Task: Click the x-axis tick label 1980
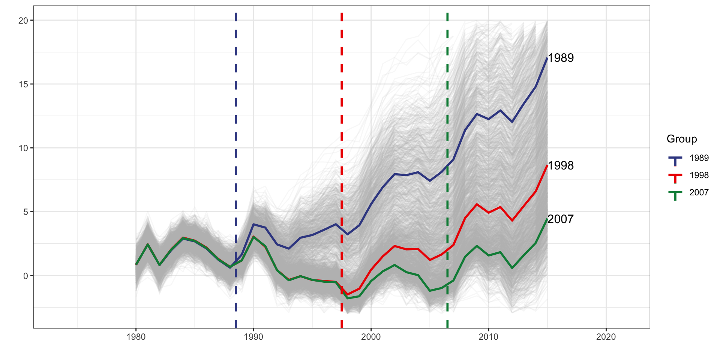click(136, 337)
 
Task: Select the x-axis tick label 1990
click(253, 337)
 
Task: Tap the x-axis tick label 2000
click(371, 337)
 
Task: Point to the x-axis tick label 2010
click(488, 337)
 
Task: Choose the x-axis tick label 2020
click(606, 337)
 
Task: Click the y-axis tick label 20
click(23, 21)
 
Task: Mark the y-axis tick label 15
click(23, 84)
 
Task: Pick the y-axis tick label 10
click(23, 148)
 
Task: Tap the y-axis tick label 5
click(25, 212)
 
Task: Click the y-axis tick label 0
click(25, 276)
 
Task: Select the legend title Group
click(682, 139)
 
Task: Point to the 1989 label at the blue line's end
click(561, 58)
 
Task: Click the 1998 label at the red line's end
click(561, 166)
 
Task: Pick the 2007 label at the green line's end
click(561, 219)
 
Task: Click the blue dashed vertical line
click(235, 112)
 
